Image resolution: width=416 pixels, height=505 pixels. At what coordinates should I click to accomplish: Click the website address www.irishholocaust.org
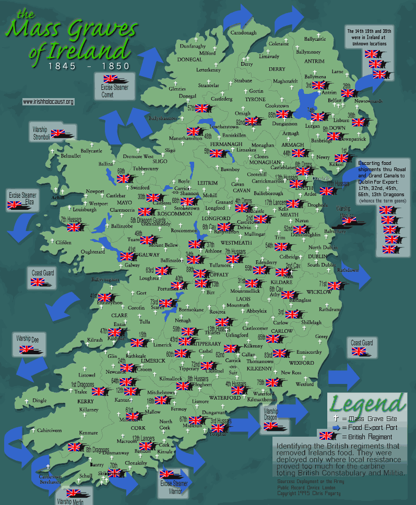coord(48,102)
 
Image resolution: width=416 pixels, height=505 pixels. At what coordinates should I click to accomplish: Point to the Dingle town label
coord(40,401)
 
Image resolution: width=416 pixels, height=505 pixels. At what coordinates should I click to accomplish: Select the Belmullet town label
coord(71,156)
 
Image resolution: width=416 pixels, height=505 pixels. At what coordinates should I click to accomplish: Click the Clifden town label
coord(64,242)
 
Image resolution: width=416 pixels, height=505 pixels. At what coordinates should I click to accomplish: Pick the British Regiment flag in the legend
coord(327,436)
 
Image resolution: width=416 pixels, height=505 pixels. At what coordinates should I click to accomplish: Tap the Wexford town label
coord(305,384)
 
